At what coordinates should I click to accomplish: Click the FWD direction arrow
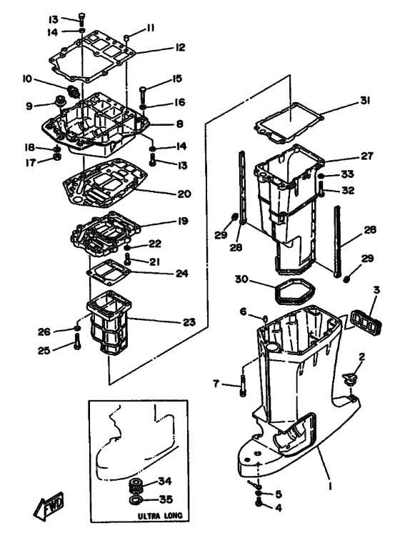point(49,506)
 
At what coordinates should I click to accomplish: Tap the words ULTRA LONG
point(160,516)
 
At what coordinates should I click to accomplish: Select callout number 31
point(365,101)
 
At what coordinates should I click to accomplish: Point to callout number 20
point(184,194)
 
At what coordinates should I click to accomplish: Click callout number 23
point(189,322)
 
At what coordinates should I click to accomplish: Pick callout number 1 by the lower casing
point(331,486)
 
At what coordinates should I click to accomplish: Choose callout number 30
point(241,279)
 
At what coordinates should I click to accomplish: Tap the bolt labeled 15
point(144,93)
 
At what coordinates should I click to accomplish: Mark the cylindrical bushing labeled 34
point(137,485)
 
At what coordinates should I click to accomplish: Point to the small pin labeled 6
point(265,319)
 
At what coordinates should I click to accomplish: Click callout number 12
point(179,47)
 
